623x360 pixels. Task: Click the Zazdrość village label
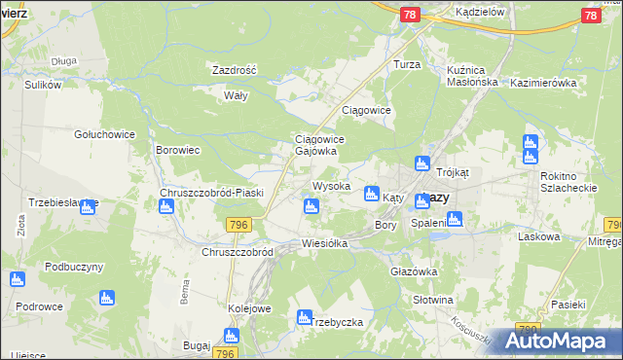[234, 70]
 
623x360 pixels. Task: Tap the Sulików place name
[43, 85]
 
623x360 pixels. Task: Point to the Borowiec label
[177, 150]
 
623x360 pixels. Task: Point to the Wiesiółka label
[324, 243]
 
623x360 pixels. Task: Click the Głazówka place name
[415, 271]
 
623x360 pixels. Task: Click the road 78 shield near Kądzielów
[410, 15]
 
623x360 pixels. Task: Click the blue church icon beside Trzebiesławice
[88, 206]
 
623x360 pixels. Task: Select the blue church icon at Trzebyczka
[304, 318]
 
